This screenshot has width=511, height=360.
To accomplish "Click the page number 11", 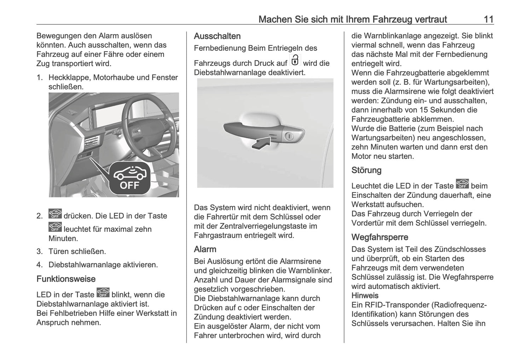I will tap(488, 19).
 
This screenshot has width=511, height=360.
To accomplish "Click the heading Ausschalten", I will tap(217, 36).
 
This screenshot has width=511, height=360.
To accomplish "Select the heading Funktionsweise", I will tap(66, 279).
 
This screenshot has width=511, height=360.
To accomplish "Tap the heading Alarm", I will tap(205, 249).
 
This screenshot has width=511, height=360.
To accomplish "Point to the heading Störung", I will tap(366, 170).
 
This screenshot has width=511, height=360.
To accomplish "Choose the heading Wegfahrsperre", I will tap(379, 237).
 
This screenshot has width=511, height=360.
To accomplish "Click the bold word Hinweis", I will tap(365, 296).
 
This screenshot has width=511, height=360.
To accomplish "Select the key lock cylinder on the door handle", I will tap(289, 136).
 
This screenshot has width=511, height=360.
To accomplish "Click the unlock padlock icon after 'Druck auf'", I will tap(295, 60).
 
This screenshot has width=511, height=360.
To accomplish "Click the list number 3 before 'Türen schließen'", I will tap(39, 252).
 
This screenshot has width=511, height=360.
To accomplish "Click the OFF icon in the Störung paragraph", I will tap(462, 184).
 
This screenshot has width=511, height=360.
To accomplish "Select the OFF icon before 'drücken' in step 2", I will tap(55, 214).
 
